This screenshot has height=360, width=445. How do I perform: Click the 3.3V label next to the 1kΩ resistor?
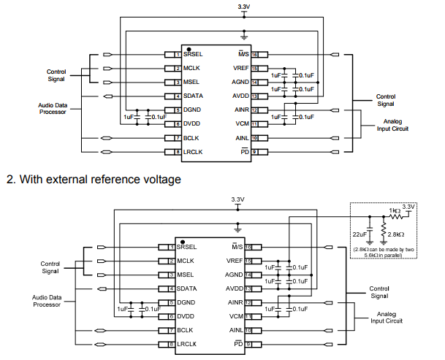[x=409, y=207]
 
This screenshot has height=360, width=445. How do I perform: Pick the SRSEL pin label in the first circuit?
[x=194, y=54]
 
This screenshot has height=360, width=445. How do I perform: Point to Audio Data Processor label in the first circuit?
[x=52, y=108]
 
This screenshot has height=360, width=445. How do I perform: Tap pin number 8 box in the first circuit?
[x=178, y=151]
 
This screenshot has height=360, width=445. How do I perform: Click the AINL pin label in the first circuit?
[x=241, y=137]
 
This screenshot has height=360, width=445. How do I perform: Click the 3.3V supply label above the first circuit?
[x=244, y=7]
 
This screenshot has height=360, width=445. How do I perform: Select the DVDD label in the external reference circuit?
[x=188, y=316]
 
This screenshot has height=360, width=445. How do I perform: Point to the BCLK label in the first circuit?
[x=191, y=137]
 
